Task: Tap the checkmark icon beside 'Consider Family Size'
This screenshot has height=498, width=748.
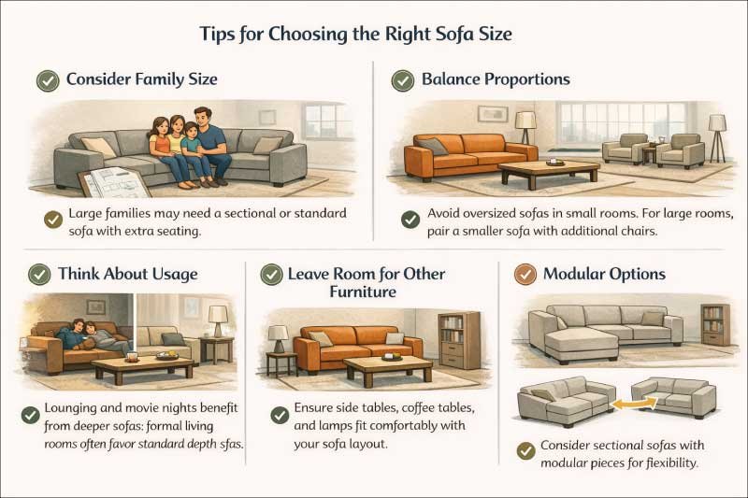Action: click(48, 80)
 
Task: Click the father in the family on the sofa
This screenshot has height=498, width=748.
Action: click(211, 140)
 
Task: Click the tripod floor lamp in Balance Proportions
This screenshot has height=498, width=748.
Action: click(716, 135)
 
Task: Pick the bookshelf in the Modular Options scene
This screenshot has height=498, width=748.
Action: click(715, 323)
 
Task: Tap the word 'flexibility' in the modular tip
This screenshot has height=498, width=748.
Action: click(668, 463)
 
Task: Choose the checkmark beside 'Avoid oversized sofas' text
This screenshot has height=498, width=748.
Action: click(410, 220)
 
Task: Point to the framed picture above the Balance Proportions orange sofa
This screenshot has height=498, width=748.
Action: click(492, 114)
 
